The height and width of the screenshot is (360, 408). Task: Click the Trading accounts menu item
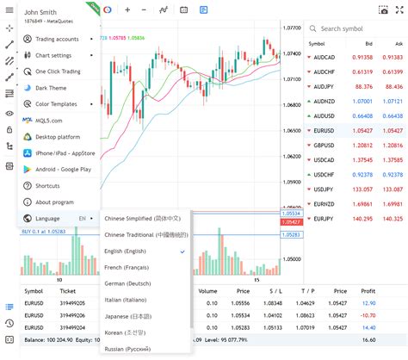point(57,39)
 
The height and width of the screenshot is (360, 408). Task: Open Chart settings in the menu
point(55,55)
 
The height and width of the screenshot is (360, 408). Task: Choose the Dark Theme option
point(51,87)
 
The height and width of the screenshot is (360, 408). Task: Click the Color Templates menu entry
point(57,103)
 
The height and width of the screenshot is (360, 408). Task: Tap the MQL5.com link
point(48,120)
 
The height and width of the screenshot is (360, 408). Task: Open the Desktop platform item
point(58,136)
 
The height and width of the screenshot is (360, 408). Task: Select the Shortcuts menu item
point(48,185)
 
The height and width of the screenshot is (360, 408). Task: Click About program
point(54,202)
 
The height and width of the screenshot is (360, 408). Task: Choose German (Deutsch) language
point(135,283)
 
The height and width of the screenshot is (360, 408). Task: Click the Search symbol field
point(353,28)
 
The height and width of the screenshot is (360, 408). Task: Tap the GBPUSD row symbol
point(325,144)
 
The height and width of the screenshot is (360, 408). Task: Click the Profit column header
point(368,291)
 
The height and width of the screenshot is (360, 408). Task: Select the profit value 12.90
point(368,303)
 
